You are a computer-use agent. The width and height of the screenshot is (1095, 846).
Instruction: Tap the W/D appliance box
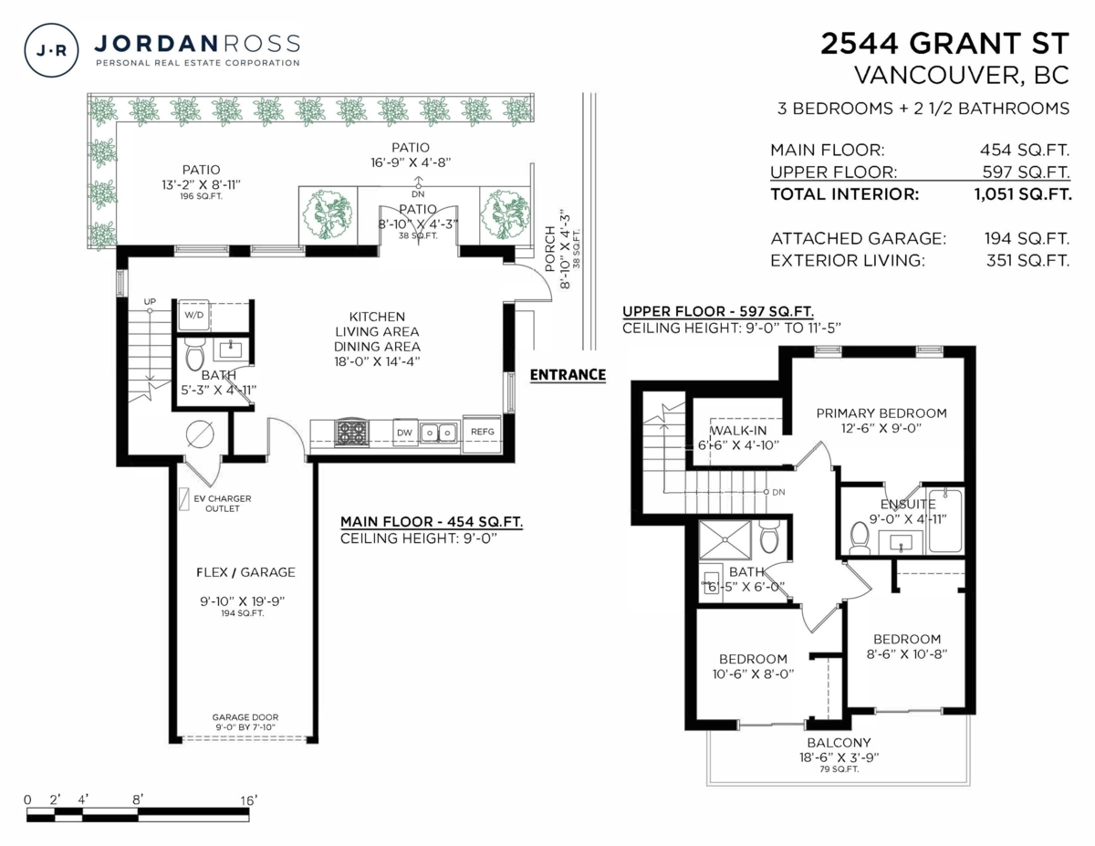click(194, 315)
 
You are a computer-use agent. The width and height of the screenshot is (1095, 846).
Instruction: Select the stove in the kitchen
click(351, 432)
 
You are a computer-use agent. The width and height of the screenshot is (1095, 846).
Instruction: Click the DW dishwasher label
click(404, 432)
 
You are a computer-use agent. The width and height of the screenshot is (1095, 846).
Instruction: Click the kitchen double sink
click(439, 432)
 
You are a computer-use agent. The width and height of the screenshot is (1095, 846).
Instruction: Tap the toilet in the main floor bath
click(193, 353)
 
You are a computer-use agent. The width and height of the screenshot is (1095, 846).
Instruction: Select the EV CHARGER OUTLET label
click(222, 504)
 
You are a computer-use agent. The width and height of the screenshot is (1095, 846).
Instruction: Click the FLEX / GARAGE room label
click(245, 572)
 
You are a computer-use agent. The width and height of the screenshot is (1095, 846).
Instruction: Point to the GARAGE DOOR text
click(245, 716)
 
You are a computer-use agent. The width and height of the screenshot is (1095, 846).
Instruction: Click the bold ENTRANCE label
click(568, 374)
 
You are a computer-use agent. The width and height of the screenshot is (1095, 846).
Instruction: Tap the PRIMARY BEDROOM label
click(881, 413)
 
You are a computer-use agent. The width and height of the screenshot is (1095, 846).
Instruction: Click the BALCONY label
click(838, 742)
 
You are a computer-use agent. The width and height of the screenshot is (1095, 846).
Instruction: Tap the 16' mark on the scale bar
click(248, 800)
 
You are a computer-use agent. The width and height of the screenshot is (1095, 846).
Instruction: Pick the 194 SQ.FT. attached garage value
click(1025, 238)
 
